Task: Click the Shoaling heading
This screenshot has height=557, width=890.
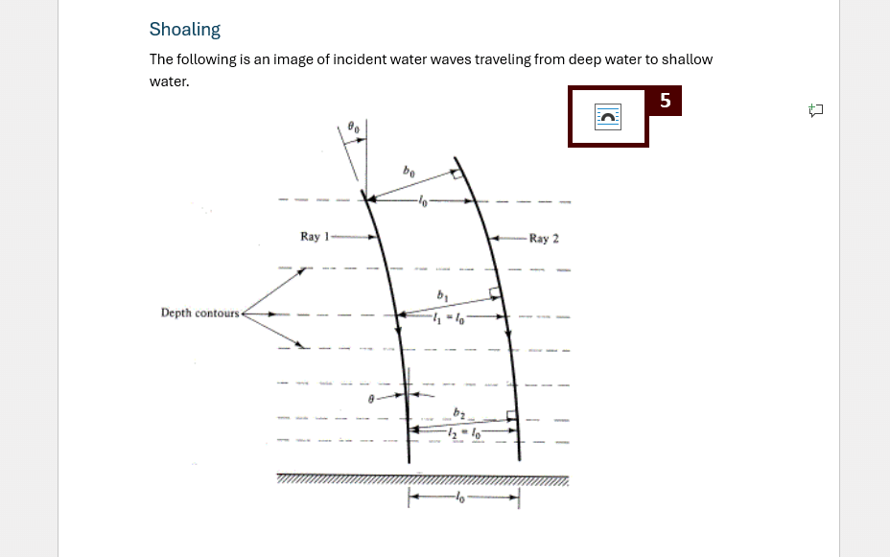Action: pyautogui.click(x=185, y=30)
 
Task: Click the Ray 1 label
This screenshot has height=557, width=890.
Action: pyautogui.click(x=315, y=237)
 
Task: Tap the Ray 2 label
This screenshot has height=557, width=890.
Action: pyautogui.click(x=544, y=239)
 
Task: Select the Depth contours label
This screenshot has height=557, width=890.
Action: pyautogui.click(x=199, y=313)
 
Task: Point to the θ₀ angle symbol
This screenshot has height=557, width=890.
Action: pyautogui.click(x=353, y=127)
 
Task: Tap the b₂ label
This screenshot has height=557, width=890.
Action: pyautogui.click(x=459, y=413)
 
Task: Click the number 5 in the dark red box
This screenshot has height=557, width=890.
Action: pyautogui.click(x=665, y=101)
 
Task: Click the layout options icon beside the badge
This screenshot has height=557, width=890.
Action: pyautogui.click(x=608, y=117)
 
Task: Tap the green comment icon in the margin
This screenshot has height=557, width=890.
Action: pyautogui.click(x=816, y=110)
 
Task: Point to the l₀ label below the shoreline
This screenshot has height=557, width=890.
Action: pyautogui.click(x=461, y=498)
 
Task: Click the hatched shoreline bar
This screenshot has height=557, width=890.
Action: pyautogui.click(x=422, y=478)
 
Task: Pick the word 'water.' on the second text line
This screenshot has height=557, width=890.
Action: pyautogui.click(x=170, y=81)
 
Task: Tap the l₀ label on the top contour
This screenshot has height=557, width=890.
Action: pyautogui.click(x=423, y=201)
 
